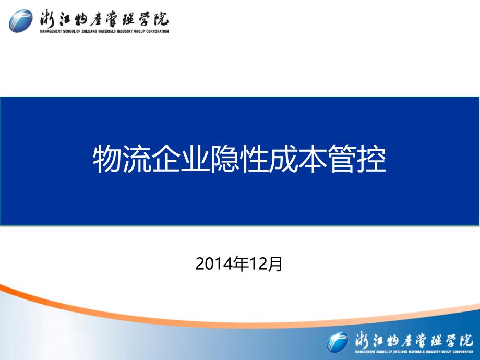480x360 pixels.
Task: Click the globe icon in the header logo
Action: click(20, 21)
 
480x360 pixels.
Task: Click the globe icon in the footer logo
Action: click(338, 342)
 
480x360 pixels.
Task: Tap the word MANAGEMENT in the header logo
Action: click(51, 31)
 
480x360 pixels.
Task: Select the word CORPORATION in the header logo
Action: click(158, 31)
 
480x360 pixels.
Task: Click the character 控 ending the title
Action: click(372, 160)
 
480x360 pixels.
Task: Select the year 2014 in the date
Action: click(214, 264)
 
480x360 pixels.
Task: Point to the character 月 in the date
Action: click(275, 264)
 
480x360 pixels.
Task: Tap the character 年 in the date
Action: click(241, 264)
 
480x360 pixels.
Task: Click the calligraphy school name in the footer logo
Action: click(414, 340)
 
